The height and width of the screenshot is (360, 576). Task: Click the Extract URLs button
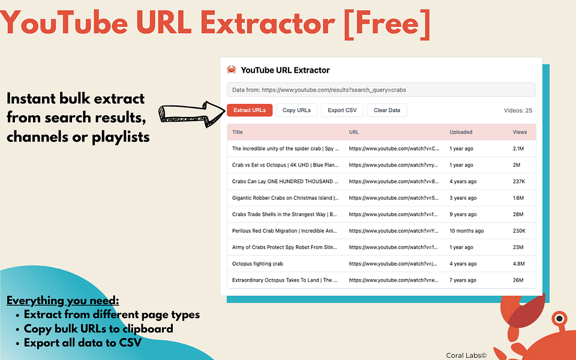(250, 110)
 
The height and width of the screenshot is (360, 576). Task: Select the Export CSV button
(342, 110)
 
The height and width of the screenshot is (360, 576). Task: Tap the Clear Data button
(387, 110)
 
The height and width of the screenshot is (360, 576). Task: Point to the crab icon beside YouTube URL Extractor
(232, 70)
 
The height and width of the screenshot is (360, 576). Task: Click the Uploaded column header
(461, 132)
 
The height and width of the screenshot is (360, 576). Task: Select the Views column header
(520, 132)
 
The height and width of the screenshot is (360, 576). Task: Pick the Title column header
(238, 132)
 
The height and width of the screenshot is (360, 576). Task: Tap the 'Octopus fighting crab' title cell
(257, 263)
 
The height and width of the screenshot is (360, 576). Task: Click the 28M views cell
(518, 214)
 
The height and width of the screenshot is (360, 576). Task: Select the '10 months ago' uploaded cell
(466, 230)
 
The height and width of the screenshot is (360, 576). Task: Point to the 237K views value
(520, 181)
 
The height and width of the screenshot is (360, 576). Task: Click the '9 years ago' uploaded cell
(463, 214)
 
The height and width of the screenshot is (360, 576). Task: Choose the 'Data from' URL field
(380, 90)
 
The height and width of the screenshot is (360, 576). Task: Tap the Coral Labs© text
(466, 355)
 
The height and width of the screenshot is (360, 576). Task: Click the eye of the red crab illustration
(559, 317)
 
